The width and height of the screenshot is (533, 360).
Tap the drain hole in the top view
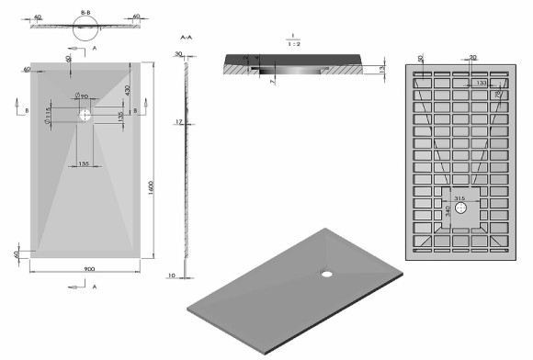click(85, 116)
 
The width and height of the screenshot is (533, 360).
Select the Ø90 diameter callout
click(82, 96)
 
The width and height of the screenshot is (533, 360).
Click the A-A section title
click(186, 38)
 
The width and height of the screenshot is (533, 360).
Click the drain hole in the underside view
click(461, 209)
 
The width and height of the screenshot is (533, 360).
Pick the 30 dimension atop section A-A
click(178, 54)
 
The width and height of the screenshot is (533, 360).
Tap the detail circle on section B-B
click(85, 35)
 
